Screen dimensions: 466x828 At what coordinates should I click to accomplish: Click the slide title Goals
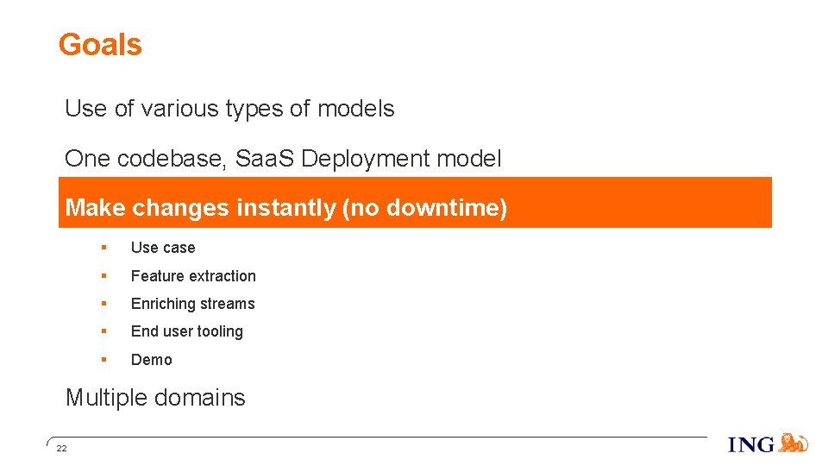(x=100, y=45)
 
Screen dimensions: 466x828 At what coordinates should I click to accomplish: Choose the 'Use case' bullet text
(x=163, y=248)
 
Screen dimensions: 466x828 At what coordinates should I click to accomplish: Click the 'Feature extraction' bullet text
(x=193, y=276)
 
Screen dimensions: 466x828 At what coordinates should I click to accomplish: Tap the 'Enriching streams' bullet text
(x=192, y=304)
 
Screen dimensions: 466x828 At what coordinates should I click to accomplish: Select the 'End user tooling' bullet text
(x=186, y=331)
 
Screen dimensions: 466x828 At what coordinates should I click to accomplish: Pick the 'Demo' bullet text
(x=151, y=360)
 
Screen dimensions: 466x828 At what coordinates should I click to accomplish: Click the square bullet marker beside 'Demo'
(x=103, y=359)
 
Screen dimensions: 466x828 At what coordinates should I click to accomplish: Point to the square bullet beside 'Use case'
(x=103, y=247)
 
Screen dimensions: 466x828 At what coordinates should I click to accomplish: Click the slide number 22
(x=61, y=449)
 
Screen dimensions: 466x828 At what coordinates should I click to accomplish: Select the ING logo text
(x=751, y=445)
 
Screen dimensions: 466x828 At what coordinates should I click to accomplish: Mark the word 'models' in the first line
(x=355, y=109)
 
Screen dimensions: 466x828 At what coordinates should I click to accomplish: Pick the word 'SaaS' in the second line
(x=266, y=159)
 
